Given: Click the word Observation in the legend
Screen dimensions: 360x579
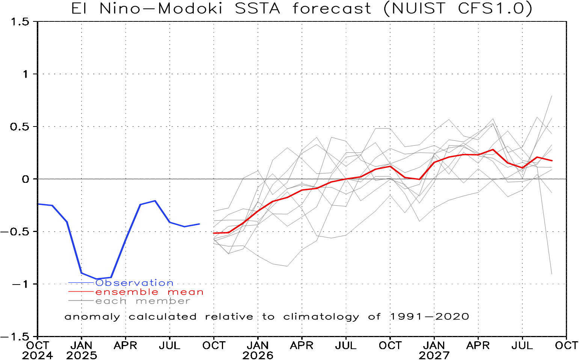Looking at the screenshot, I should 134,283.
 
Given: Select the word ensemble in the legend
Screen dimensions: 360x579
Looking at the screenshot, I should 127,292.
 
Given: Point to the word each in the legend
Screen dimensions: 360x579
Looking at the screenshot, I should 111,301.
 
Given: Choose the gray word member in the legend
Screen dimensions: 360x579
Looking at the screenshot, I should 163,301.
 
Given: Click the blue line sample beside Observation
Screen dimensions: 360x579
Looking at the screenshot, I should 81,283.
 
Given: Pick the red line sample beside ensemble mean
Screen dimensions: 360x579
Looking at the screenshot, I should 81,292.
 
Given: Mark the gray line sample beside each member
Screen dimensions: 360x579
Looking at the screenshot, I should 81,301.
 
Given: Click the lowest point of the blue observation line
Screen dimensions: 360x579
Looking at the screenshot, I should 96,279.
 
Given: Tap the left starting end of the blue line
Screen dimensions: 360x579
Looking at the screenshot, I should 38,204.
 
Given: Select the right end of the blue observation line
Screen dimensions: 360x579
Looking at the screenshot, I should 199,224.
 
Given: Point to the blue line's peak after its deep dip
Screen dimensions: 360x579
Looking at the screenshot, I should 155,201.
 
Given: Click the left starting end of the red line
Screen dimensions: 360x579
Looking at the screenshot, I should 214,233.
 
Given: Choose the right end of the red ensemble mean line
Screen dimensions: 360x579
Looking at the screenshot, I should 552,160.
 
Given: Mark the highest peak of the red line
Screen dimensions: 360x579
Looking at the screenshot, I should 493,149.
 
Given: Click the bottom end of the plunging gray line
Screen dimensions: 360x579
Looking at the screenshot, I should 552,274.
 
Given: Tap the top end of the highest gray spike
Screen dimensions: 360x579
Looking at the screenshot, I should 552,96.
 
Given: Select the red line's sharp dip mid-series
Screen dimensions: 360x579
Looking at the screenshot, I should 419,179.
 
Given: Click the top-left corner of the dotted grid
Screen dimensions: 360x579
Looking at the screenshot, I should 38,21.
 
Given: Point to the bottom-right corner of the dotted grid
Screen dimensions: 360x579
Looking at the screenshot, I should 566,336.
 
